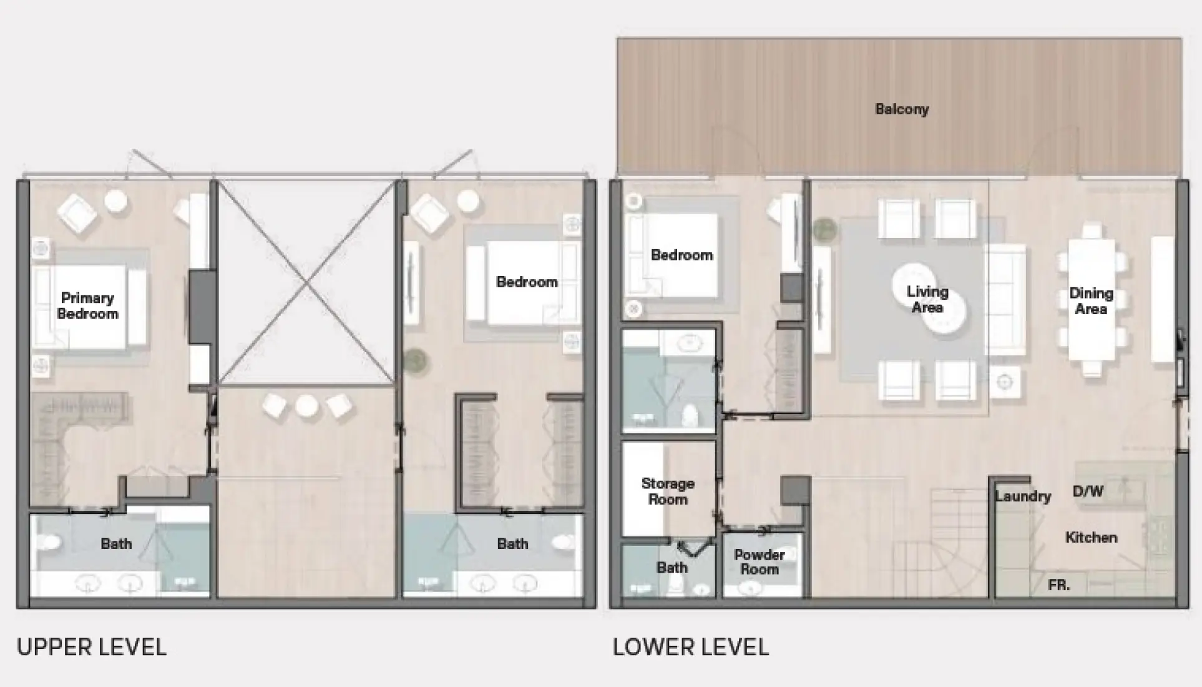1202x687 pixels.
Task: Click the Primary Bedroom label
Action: coord(87,305)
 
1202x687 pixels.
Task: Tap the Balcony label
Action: coord(902,109)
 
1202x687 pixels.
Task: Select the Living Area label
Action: coord(927,299)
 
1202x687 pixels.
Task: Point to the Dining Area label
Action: coord(1091,300)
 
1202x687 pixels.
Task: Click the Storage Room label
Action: coord(668,491)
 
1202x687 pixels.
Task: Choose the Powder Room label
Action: coord(759,561)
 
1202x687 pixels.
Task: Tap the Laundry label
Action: coord(1022,496)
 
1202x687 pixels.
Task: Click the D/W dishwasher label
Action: coord(1088,491)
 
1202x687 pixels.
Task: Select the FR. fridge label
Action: coord(1058,585)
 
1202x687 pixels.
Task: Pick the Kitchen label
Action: coord(1091,537)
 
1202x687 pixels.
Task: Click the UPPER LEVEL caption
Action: coord(92,647)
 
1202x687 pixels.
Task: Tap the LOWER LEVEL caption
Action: coord(690,647)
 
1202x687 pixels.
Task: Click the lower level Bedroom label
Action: coord(682,255)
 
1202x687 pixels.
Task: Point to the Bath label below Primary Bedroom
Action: coord(116,543)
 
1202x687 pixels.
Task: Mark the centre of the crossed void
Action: coord(306,282)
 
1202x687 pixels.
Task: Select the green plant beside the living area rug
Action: coord(824,229)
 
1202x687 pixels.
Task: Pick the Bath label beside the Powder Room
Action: coord(672,567)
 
